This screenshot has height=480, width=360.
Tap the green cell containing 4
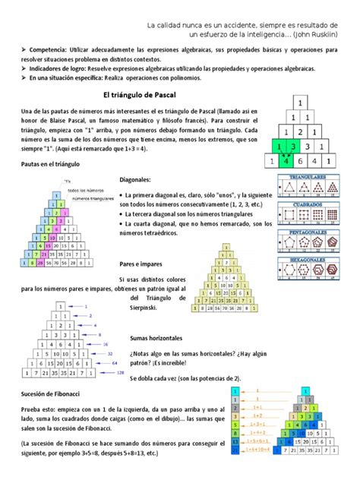click(285, 160)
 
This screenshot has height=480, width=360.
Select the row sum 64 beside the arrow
click(114, 363)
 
